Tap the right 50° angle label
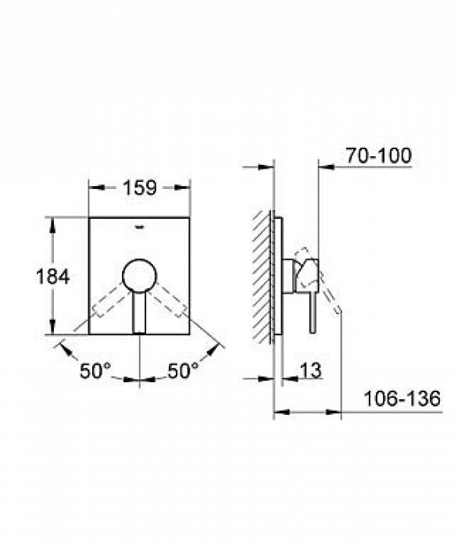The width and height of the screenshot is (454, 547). coord(184,372)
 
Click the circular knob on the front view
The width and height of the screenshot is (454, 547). coord(139,275)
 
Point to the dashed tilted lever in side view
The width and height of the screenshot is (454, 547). coord(330,297)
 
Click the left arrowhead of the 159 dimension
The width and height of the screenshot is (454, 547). coord(92,188)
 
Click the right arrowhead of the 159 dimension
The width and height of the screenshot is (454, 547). coord(187,188)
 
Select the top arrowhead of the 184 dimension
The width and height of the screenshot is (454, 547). coord(54,222)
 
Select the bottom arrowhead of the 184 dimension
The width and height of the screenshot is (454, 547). coord(54,330)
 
